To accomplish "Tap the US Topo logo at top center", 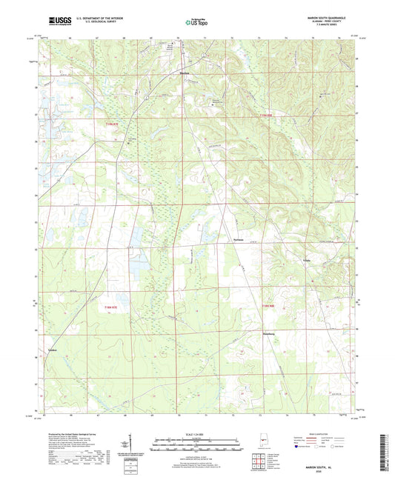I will click(x=196, y=22).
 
